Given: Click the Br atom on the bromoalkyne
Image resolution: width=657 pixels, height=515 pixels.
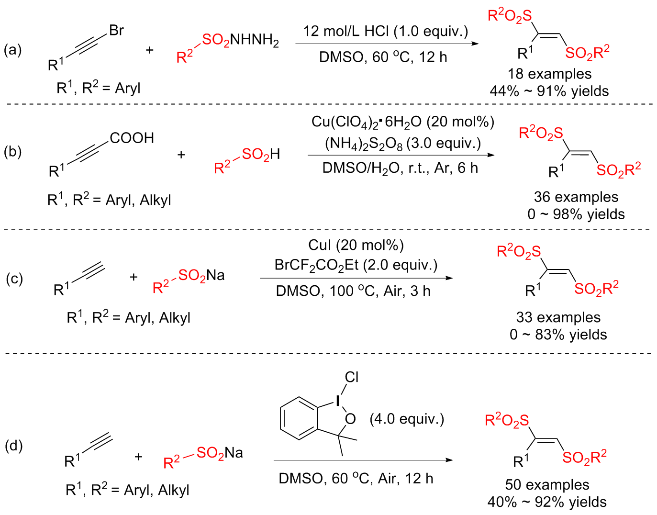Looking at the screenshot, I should (x=116, y=31).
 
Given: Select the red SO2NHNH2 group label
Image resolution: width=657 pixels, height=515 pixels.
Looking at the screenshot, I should (x=240, y=40).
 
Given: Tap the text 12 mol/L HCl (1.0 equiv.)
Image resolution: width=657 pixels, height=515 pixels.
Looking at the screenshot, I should (x=385, y=32).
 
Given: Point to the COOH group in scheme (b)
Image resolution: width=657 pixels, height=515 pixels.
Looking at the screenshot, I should (x=132, y=138).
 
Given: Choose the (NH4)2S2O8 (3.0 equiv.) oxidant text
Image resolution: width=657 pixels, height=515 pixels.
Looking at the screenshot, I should (x=402, y=144).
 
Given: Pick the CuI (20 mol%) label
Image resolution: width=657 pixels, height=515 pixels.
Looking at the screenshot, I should (x=356, y=245).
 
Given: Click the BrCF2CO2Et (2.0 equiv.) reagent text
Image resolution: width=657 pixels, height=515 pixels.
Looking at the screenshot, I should (x=356, y=265).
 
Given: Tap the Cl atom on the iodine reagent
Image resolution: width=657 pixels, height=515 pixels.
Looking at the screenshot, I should (x=351, y=377).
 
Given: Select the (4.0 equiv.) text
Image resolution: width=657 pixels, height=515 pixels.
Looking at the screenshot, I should (x=407, y=419).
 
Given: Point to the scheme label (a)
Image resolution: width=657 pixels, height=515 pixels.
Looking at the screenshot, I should (x=12, y=50).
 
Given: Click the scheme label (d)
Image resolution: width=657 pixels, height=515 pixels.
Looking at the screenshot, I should (x=13, y=446).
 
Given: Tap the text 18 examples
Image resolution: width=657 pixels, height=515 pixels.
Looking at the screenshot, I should (x=549, y=74).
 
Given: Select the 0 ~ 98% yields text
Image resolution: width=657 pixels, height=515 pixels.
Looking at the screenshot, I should (x=576, y=214).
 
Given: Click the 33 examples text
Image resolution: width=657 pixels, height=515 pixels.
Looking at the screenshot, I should (x=558, y=317).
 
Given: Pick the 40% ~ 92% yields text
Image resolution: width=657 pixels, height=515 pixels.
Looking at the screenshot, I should (x=547, y=502).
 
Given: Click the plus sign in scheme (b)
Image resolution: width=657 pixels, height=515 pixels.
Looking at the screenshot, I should (x=181, y=155).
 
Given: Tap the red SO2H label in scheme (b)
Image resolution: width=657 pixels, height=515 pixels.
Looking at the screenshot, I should (x=261, y=154).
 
